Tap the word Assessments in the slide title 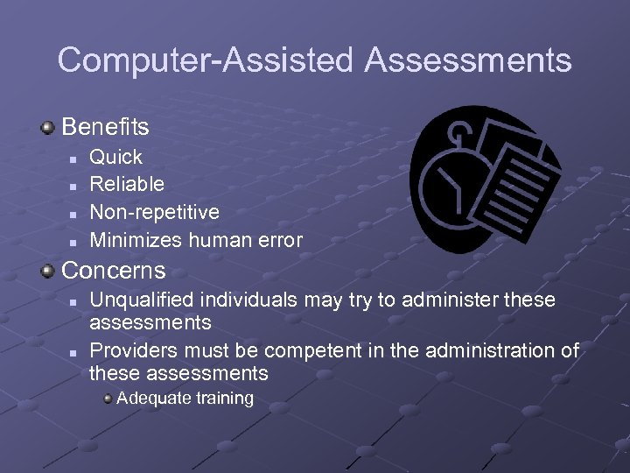[x=468, y=60]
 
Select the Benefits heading [x=106, y=127]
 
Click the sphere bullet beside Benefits [x=48, y=128]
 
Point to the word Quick [x=116, y=157]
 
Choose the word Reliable [x=127, y=184]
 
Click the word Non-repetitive [x=155, y=212]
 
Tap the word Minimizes [x=132, y=239]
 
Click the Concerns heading [x=113, y=269]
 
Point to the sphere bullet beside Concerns [x=48, y=270]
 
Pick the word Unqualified [x=140, y=300]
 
